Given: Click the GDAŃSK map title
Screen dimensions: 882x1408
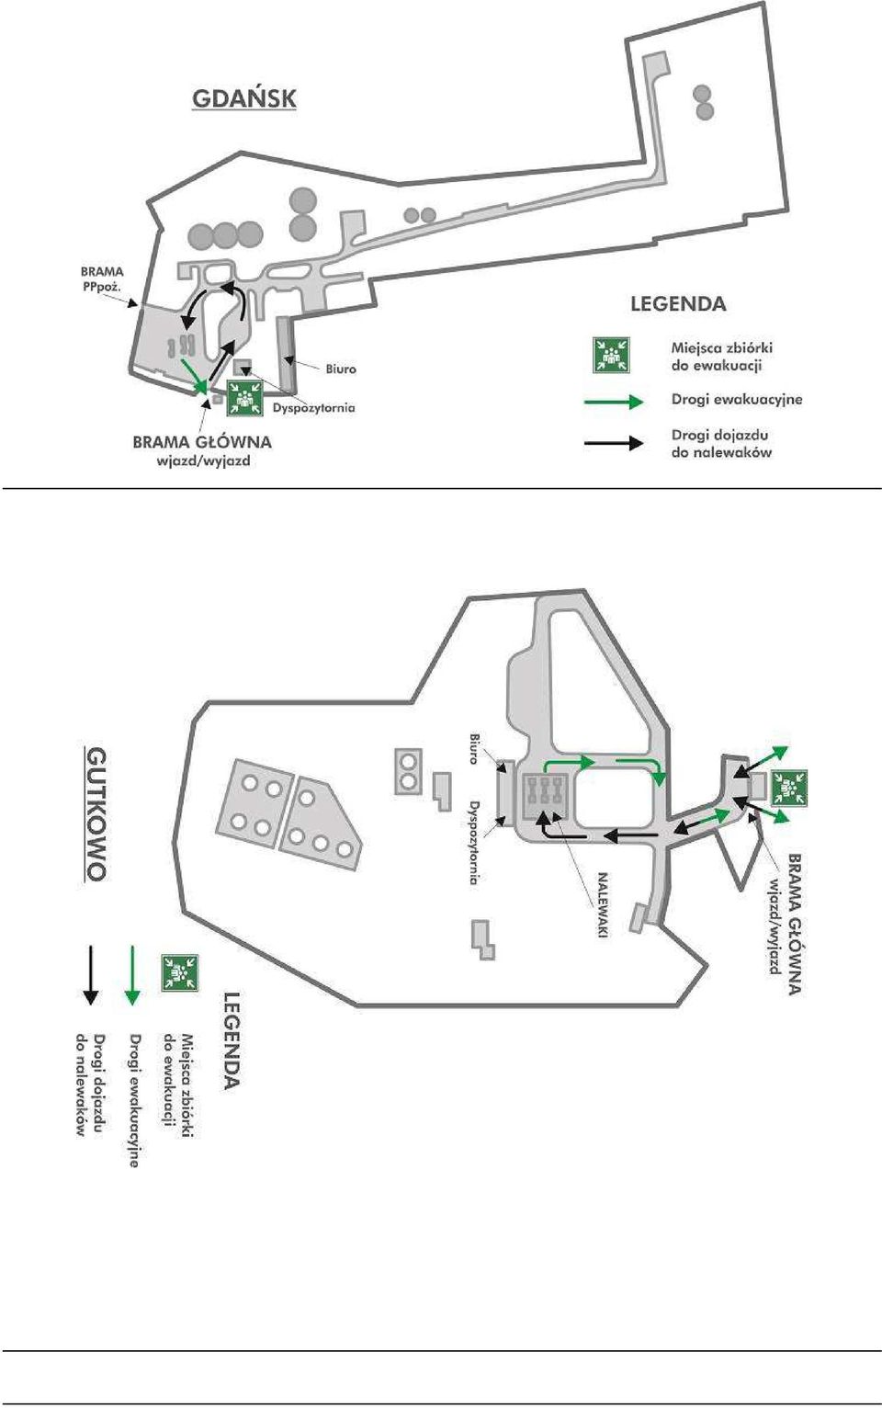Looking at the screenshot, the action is tap(243, 99).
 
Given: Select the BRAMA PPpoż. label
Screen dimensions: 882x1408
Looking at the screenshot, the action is tap(102, 278).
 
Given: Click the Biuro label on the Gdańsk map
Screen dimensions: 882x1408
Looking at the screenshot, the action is tap(341, 369).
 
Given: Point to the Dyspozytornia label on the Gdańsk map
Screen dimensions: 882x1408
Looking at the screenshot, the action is tap(313, 408).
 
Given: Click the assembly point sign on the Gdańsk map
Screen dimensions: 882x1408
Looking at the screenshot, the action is tap(245, 397).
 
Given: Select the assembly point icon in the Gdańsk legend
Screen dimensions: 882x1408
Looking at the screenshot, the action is tap(612, 355).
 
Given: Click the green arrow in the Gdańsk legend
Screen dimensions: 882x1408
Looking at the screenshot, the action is tap(614, 402).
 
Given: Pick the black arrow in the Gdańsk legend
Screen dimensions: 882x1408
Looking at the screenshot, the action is tap(614, 443).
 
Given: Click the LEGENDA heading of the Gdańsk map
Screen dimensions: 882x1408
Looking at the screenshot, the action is tap(678, 304).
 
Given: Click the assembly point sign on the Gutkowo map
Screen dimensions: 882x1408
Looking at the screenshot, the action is tap(788, 788).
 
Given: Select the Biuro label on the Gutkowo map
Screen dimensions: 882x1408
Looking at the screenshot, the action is tap(476, 747).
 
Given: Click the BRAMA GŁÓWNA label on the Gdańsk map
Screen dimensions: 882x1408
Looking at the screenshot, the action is tap(202, 442).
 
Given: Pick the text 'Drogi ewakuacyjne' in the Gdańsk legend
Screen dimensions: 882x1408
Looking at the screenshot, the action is tap(737, 400).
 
